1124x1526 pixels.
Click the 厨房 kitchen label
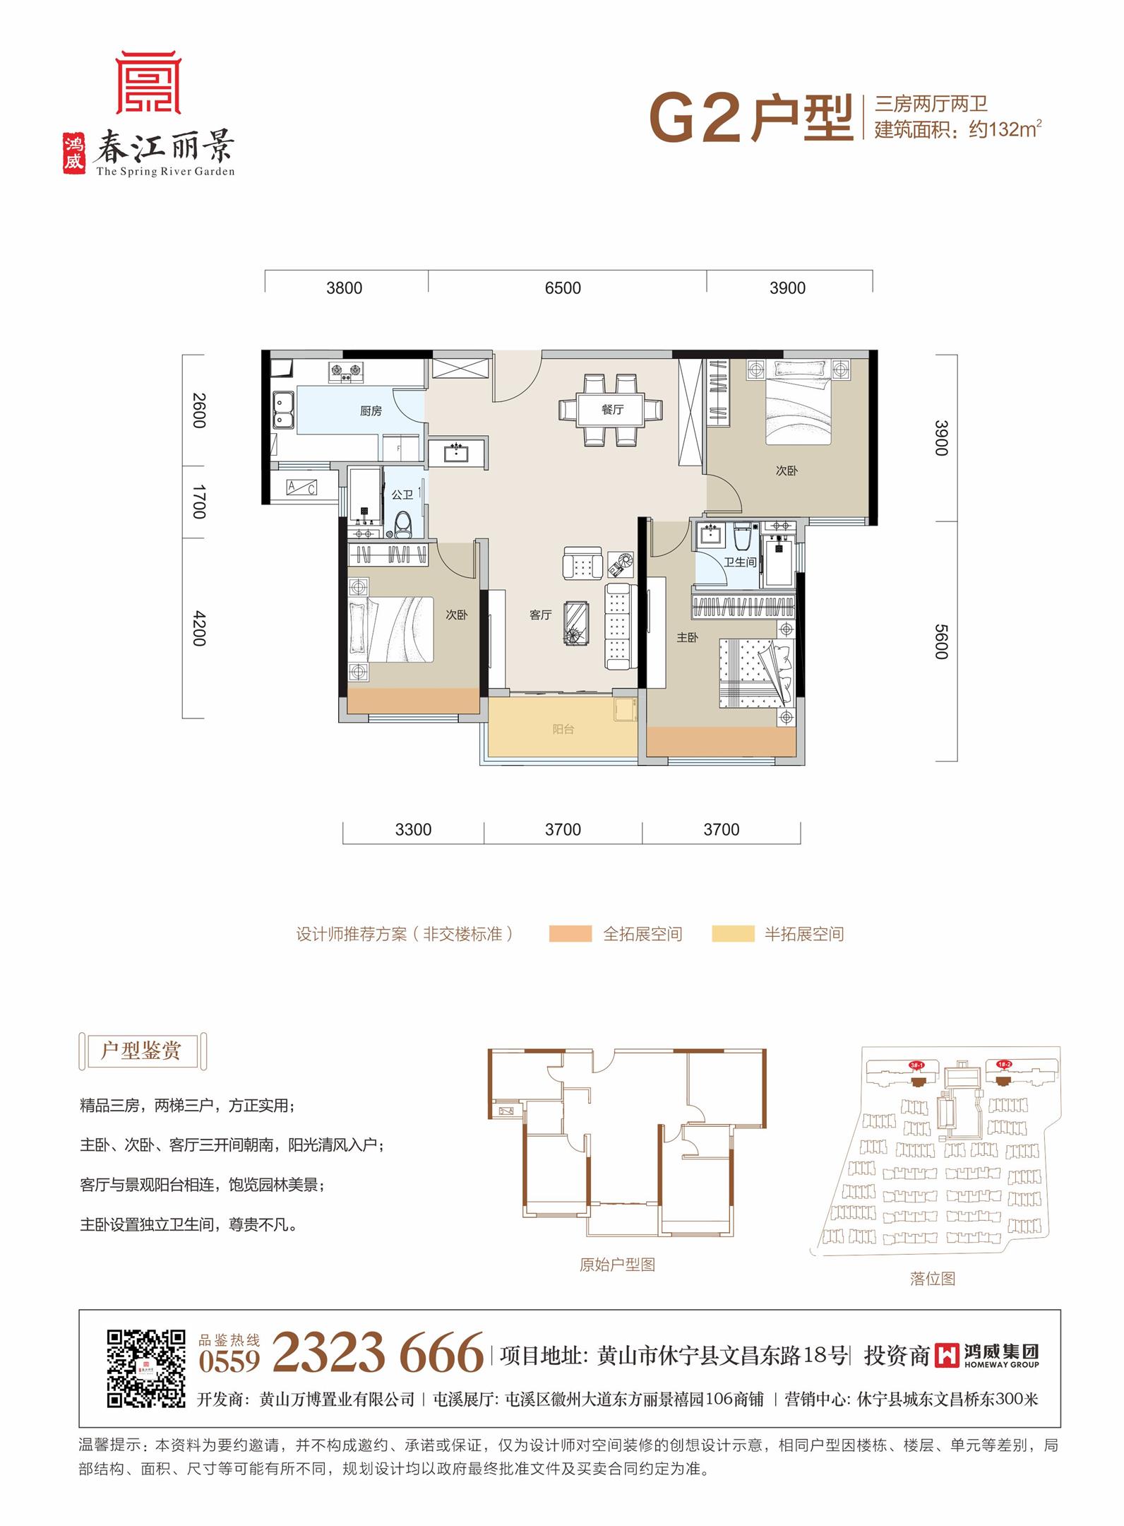click(x=371, y=410)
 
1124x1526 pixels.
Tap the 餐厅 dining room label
click(x=612, y=409)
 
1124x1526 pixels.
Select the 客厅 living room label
click(x=540, y=615)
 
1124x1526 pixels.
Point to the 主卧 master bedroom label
click(x=687, y=637)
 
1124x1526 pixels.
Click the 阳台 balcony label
click(x=563, y=729)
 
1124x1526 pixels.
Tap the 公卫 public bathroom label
click(x=402, y=495)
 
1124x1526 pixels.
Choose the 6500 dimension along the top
click(x=563, y=288)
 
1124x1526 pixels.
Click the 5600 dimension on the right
click(x=941, y=641)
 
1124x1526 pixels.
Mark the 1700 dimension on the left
click(x=199, y=502)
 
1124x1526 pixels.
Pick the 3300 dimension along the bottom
click(x=413, y=829)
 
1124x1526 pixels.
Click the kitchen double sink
click(x=285, y=410)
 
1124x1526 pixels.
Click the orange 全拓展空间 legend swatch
click(x=570, y=933)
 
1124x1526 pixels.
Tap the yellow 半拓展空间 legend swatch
click(x=733, y=933)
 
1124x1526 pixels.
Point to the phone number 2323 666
click(x=378, y=1352)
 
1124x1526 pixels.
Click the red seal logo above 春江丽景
click(x=148, y=83)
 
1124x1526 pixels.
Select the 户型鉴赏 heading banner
click(x=142, y=1051)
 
